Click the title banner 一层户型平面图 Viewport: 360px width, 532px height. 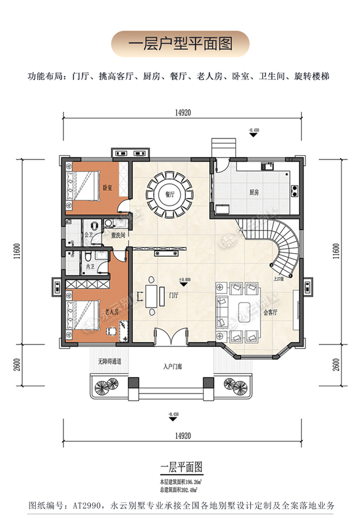click(180, 44)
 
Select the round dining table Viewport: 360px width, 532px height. click(171, 196)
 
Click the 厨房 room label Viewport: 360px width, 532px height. click(254, 192)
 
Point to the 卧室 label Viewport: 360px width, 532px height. click(107, 187)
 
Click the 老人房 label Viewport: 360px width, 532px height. click(111, 312)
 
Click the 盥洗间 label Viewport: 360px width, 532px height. click(118, 236)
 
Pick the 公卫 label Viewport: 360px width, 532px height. click(88, 235)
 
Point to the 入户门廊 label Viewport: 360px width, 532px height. click(172, 366)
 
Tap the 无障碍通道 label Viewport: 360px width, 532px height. click(109, 361)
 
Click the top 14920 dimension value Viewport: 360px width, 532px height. click(183, 113)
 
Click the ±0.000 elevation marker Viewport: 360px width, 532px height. click(185, 279)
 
